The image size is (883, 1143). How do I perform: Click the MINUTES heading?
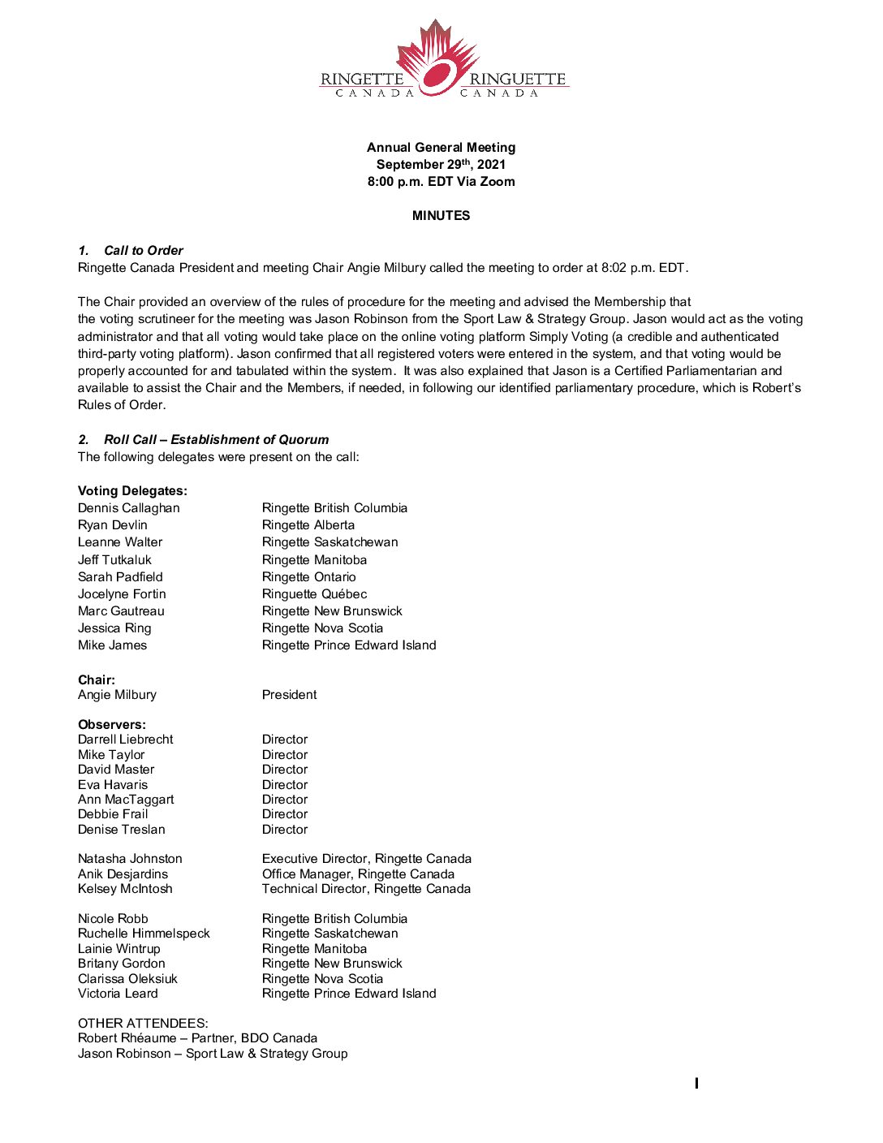[x=441, y=216]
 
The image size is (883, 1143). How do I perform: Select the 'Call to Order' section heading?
[x=143, y=251]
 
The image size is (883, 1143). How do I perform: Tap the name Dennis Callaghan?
[x=129, y=508]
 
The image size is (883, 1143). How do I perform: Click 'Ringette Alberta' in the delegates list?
[x=308, y=525]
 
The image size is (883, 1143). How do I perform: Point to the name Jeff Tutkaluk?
[x=114, y=560]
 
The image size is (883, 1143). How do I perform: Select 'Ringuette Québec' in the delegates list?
[x=314, y=594]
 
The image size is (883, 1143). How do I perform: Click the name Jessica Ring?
[x=114, y=628]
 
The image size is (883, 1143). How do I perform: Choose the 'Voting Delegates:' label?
[x=132, y=491]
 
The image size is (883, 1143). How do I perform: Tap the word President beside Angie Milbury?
[x=289, y=695]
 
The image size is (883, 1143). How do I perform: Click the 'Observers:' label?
[x=112, y=725]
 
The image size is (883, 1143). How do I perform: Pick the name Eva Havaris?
[x=113, y=785]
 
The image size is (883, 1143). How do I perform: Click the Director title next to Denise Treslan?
[x=285, y=830]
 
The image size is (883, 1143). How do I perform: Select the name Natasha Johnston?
[x=130, y=859]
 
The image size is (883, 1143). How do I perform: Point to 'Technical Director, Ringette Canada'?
[x=366, y=889]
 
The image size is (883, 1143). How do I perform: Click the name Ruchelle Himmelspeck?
[x=144, y=934]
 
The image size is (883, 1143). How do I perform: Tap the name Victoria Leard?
[x=118, y=994]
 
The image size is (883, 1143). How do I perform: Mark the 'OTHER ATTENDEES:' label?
[x=143, y=1024]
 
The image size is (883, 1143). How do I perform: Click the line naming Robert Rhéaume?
[x=197, y=1038]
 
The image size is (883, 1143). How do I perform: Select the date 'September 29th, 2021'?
[x=441, y=165]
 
